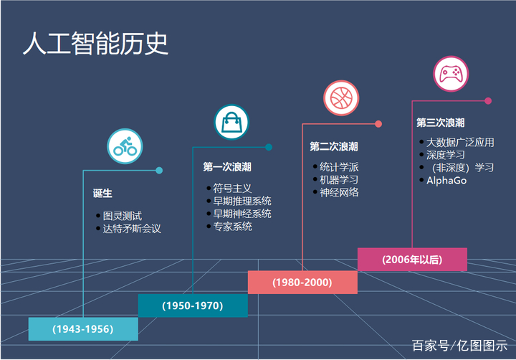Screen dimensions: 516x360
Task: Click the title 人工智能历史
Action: coord(95,44)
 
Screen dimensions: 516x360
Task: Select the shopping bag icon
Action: coord(231,122)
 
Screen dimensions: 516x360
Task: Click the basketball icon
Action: coord(341,98)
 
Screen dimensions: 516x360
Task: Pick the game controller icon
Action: coord(451,74)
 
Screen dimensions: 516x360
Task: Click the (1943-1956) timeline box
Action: coord(83,328)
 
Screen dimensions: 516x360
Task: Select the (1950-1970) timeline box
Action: coord(193,305)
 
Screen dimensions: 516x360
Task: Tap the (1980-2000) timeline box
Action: coord(302,282)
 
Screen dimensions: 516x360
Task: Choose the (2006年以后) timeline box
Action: coord(412,259)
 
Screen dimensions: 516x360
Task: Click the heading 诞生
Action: coord(102,194)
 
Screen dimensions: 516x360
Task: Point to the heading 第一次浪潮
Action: coord(226,167)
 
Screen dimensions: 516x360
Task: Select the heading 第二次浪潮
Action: coord(333,146)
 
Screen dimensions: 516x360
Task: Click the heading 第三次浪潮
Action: coord(440,123)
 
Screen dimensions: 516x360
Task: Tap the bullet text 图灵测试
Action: coord(123,215)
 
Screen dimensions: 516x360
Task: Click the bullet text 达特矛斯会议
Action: coord(132,229)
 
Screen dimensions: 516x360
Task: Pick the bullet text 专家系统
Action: coord(232,227)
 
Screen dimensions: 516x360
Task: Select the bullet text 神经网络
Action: coord(339,192)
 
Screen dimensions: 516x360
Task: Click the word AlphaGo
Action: coord(446,181)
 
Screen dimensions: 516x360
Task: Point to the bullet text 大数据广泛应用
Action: coord(460,142)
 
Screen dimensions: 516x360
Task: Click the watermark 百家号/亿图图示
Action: coord(459,346)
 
